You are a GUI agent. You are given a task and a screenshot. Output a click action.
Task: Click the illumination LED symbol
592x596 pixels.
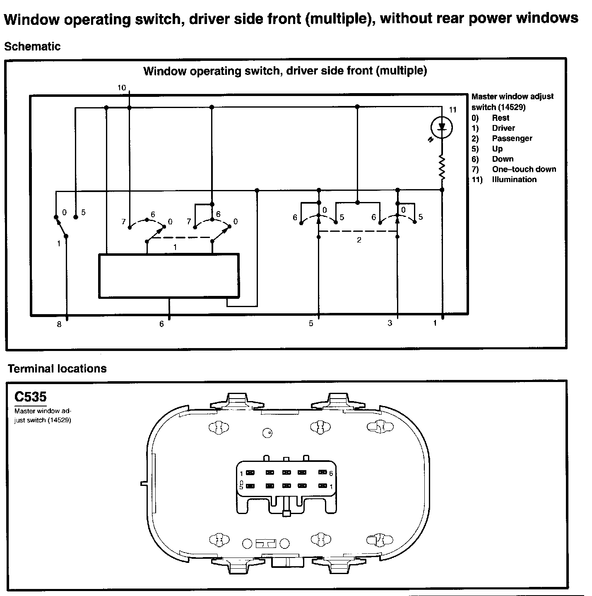[x=442, y=128]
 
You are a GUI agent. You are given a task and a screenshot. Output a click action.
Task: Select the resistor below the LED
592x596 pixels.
[x=442, y=167]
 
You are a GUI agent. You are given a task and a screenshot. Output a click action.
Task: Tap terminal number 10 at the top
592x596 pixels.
[x=122, y=88]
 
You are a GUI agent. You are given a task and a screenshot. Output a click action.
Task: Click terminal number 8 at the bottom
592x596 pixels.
[x=59, y=324]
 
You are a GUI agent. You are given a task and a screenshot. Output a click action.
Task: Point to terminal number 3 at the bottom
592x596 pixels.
[x=390, y=323]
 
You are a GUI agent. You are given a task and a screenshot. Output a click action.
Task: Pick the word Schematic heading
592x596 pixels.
[x=32, y=46]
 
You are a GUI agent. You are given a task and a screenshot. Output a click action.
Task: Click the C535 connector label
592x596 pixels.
[x=31, y=397]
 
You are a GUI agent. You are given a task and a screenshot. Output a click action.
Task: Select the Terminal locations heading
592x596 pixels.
[x=57, y=368]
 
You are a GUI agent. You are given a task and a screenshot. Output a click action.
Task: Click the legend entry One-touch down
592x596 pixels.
[x=524, y=169]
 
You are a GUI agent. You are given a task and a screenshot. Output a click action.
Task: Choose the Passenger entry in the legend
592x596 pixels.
[x=512, y=138]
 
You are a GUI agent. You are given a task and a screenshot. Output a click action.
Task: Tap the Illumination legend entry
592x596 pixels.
[x=514, y=179]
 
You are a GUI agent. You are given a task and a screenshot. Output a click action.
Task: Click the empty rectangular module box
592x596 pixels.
[x=168, y=275]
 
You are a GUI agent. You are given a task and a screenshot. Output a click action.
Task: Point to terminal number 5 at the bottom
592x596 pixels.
[x=311, y=324]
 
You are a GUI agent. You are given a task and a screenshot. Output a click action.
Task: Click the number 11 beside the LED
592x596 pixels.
[x=452, y=110]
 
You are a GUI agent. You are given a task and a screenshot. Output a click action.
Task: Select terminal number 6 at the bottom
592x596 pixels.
[x=162, y=324]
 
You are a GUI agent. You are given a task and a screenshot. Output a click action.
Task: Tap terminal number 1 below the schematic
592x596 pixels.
[x=435, y=323]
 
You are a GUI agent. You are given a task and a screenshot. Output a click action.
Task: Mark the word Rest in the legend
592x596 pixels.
[x=501, y=118]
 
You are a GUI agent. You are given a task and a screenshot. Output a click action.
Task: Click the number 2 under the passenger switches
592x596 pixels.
[x=359, y=240]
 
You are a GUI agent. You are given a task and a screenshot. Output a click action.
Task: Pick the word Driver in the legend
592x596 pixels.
[x=503, y=128]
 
